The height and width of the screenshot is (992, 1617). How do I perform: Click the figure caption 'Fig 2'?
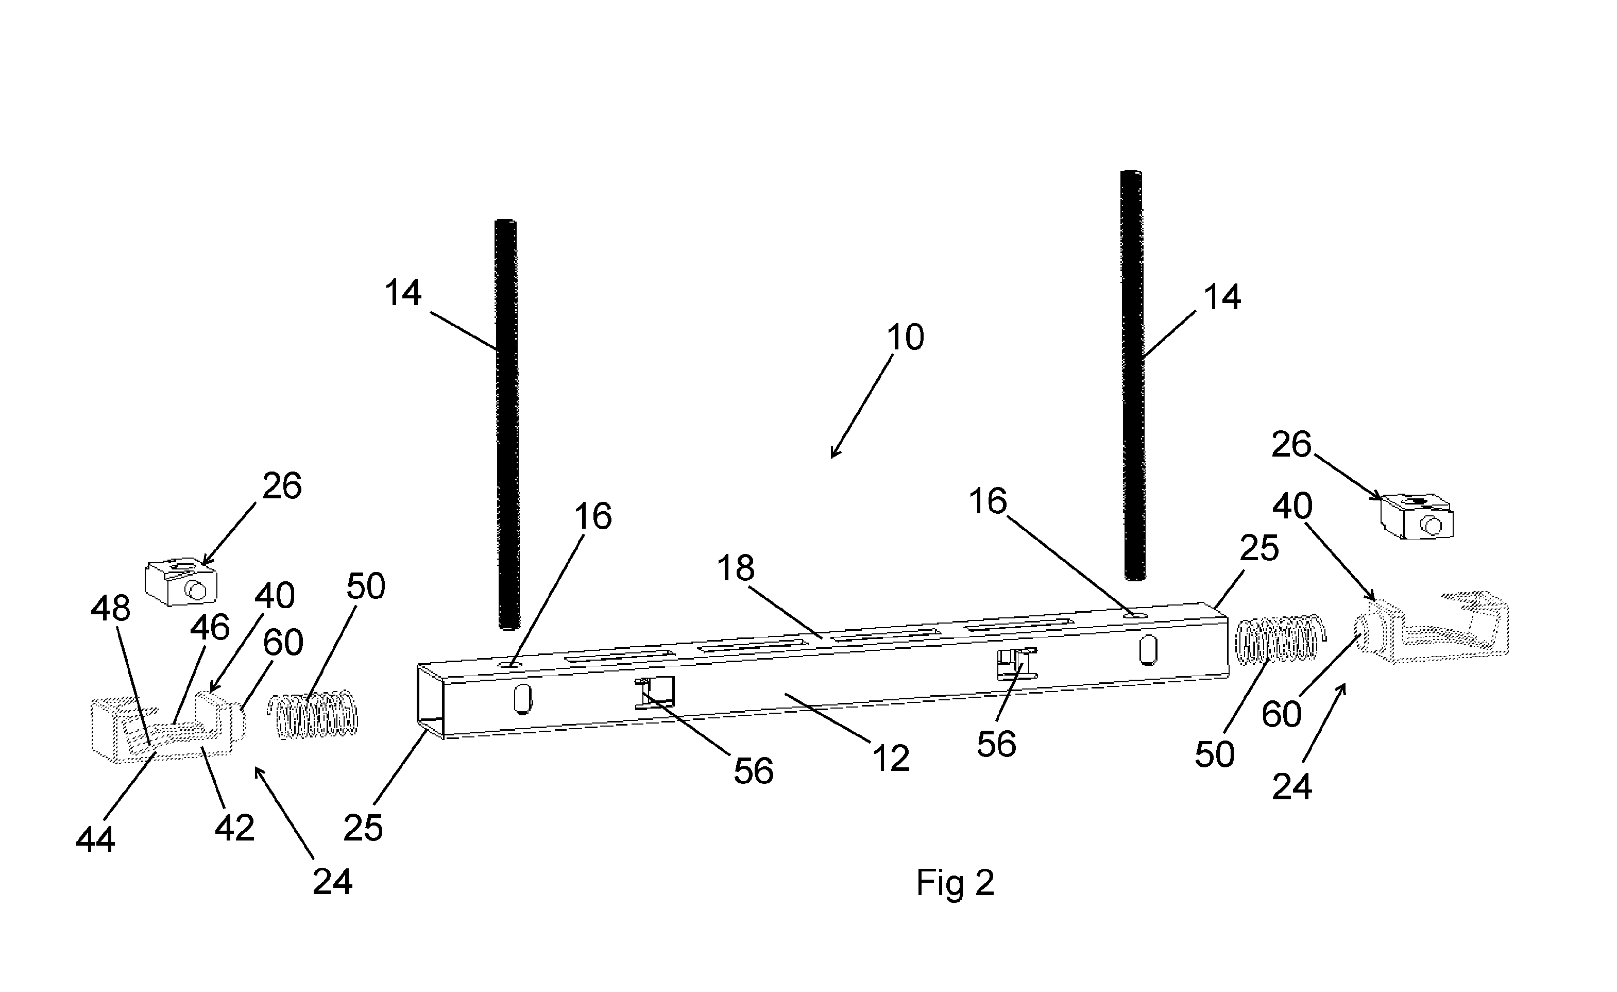(955, 883)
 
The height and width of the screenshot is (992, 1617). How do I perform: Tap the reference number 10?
(906, 338)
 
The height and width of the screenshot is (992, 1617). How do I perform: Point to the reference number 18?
(736, 568)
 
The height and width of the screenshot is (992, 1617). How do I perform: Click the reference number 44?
(96, 839)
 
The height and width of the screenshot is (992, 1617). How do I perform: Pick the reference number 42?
(234, 829)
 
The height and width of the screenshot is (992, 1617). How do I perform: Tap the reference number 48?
(110, 609)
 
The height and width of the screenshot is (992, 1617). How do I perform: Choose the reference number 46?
(210, 627)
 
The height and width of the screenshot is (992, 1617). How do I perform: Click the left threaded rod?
(506, 425)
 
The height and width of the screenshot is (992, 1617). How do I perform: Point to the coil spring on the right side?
(1280, 639)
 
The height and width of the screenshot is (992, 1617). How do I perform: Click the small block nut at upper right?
(1417, 518)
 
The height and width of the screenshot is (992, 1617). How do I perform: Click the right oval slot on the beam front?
(1148, 650)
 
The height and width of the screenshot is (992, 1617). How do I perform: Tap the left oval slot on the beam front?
(522, 700)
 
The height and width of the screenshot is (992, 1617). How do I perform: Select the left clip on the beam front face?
(653, 693)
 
